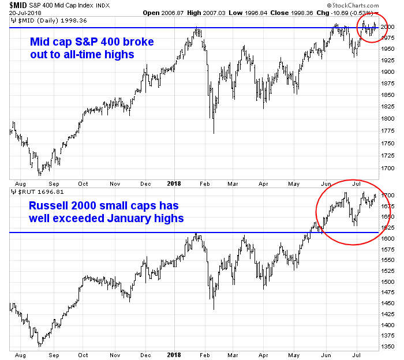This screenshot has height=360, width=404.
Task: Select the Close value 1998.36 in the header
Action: tap(298, 12)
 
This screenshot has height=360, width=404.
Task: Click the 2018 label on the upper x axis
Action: tap(173, 183)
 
